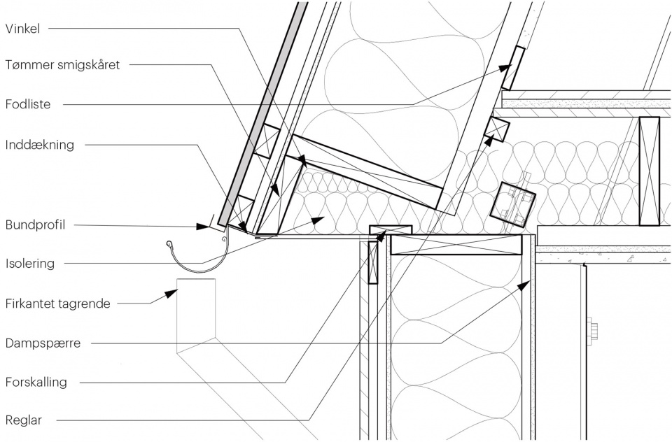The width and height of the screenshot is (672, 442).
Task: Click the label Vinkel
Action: [x=22, y=29]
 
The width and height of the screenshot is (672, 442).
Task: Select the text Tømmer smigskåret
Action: [x=62, y=65]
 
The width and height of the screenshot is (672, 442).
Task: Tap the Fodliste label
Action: [x=28, y=104]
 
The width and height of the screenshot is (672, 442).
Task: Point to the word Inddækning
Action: [x=40, y=145]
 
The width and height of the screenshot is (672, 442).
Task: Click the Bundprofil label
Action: [x=35, y=225]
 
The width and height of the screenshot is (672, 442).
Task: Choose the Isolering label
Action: [x=30, y=263]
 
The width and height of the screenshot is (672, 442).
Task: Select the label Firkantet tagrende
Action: [x=58, y=304]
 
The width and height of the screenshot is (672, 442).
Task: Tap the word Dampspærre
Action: [x=43, y=343]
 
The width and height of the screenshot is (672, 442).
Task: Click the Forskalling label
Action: [x=36, y=382]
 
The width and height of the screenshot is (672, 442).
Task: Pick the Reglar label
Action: [x=24, y=420]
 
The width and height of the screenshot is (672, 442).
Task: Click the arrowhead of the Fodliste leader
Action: [x=506, y=68]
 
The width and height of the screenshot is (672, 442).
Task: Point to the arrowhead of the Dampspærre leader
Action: [x=524, y=285]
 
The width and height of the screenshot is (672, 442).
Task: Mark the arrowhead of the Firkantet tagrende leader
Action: [x=171, y=294]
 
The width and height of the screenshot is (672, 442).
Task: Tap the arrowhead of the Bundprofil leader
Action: [x=202, y=226]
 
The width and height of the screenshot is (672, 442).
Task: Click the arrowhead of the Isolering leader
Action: [x=318, y=220]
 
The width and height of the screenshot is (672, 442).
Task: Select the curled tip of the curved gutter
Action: [x=169, y=245]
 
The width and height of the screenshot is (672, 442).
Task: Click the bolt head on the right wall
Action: [x=594, y=331]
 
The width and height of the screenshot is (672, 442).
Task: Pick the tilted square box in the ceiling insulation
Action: [x=513, y=204]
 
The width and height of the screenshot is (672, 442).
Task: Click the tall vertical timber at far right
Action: [x=649, y=171]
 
